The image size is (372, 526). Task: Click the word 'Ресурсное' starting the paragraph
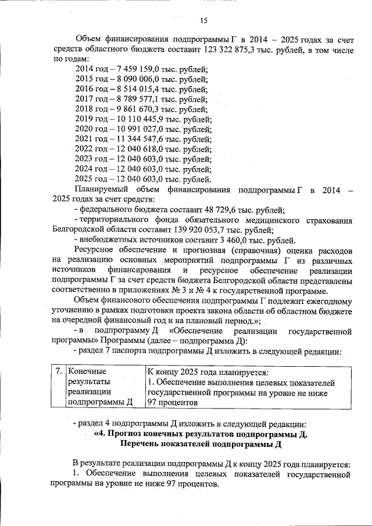click(x=96, y=250)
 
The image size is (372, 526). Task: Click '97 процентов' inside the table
click(x=173, y=402)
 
